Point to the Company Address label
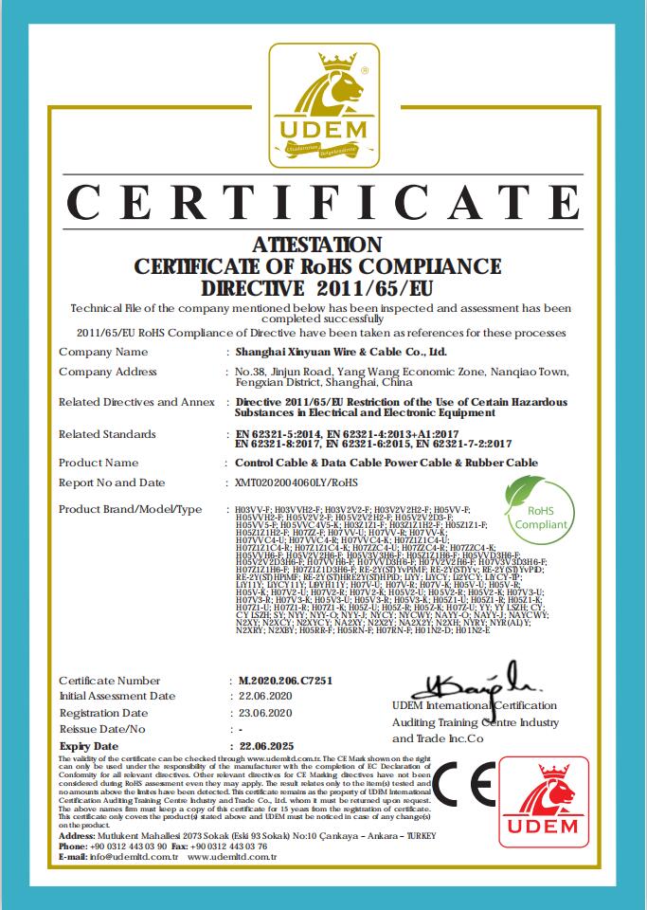pyautogui.click(x=108, y=372)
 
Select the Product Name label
pyautogui.click(x=99, y=463)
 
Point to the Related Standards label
pyautogui.click(x=107, y=434)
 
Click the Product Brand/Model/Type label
pyautogui.click(x=130, y=509)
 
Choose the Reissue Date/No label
pyautogui.click(x=102, y=729)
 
